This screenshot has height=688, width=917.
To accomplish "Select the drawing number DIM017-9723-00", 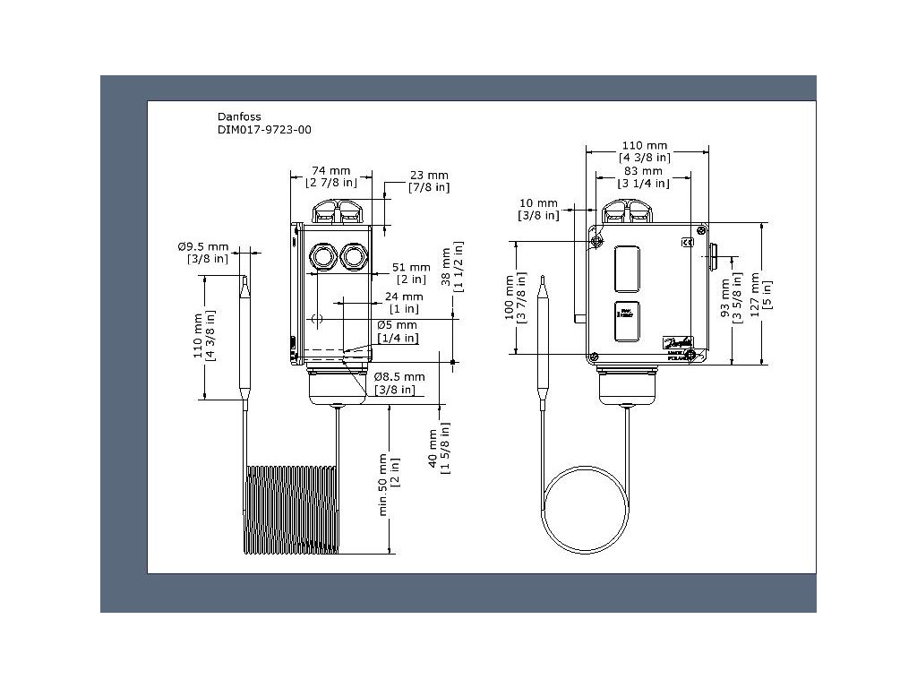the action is tap(265, 130).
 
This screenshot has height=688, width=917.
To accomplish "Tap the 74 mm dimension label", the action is tap(330, 170).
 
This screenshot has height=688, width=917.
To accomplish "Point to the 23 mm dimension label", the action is tap(428, 175).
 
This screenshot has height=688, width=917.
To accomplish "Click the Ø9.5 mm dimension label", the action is tap(202, 246).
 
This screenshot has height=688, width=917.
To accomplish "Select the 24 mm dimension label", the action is tap(404, 297).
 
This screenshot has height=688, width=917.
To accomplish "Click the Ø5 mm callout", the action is tap(398, 324).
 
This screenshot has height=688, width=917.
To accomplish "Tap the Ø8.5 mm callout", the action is tap(399, 377).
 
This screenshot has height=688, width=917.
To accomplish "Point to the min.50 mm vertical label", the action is tap(383, 484).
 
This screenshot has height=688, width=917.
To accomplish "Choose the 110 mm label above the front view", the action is tap(645, 145).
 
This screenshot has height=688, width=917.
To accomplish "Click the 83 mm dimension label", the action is tap(644, 170).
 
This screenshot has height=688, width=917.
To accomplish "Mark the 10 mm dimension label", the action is tap(538, 203).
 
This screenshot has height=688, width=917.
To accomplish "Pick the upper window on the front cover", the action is tap(627, 268).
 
